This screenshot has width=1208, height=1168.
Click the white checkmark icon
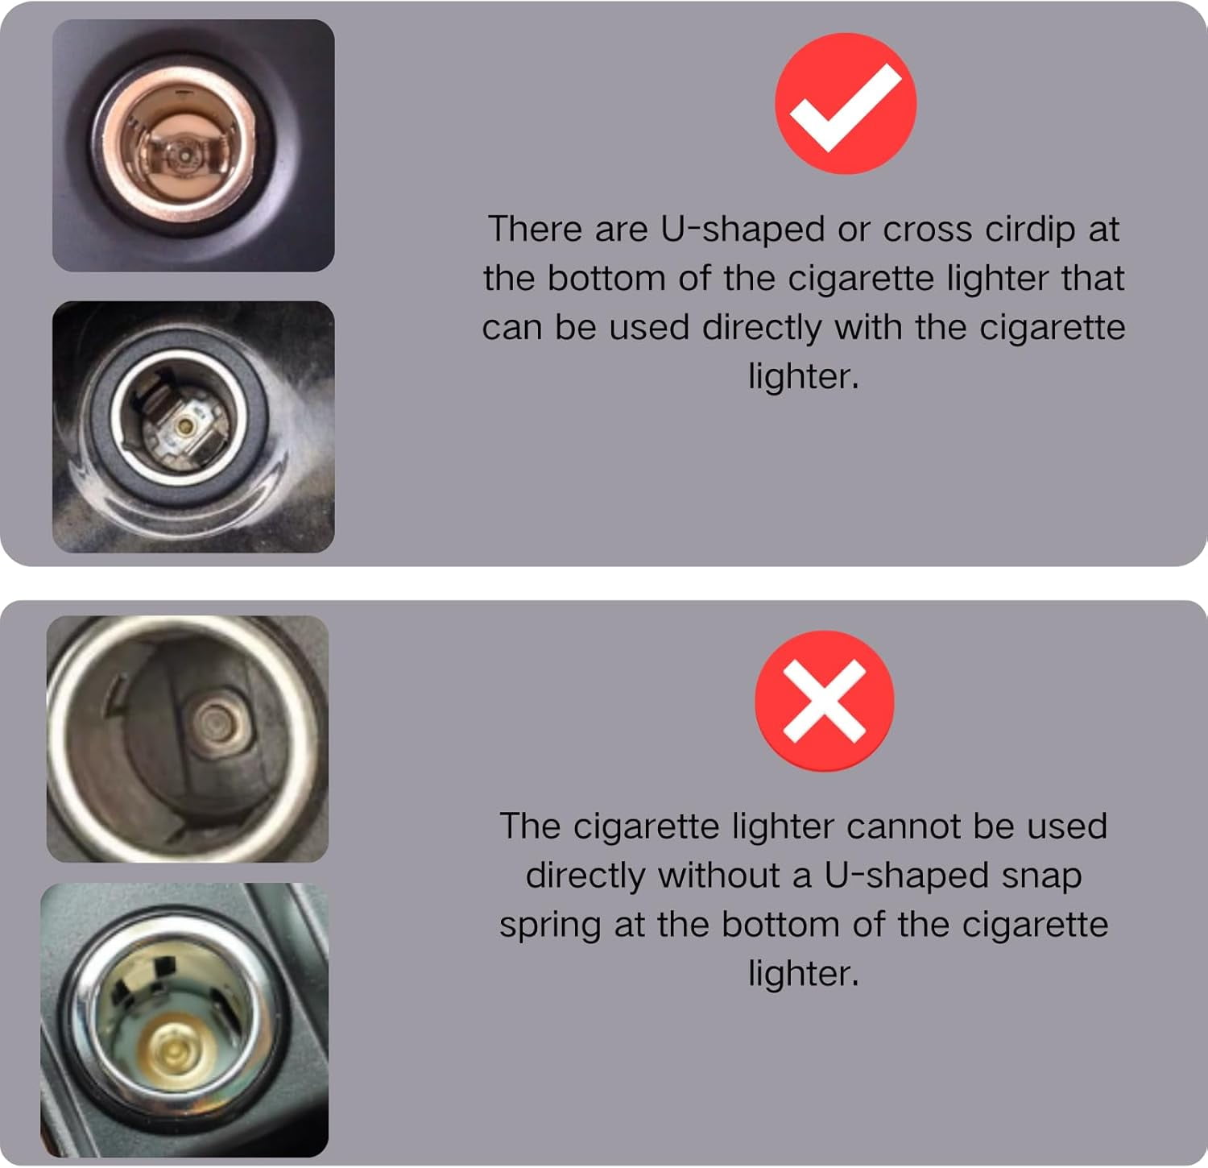(845, 106)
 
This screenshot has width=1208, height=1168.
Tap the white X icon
(824, 700)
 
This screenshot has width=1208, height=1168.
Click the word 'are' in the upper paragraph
(621, 231)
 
